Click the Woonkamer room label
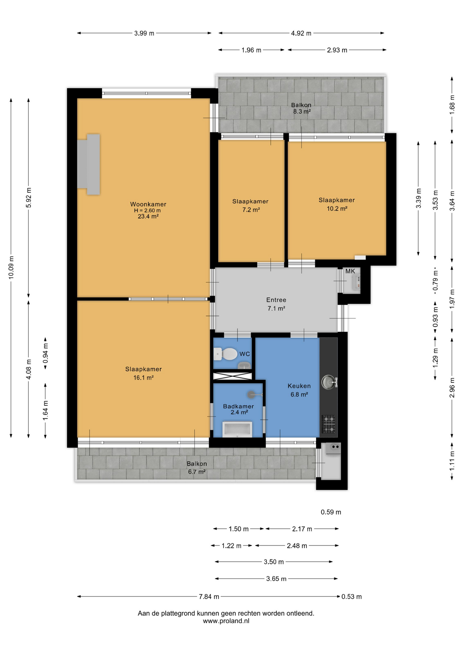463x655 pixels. click(x=148, y=204)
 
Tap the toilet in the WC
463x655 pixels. click(x=225, y=354)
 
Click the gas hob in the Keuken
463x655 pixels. click(x=329, y=424)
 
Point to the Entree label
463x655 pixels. click(x=276, y=300)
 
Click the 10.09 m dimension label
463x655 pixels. click(x=11, y=267)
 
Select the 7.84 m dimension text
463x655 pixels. click(x=209, y=596)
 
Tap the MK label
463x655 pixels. click(x=350, y=271)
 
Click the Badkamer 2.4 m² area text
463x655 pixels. click(x=239, y=412)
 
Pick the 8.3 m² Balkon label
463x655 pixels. click(x=302, y=111)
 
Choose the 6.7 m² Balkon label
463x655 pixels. click(x=197, y=472)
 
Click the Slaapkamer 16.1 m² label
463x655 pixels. click(x=144, y=373)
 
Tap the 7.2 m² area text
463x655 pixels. click(x=251, y=210)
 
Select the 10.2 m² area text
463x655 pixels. click(x=337, y=208)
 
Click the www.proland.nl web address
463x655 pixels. click(x=226, y=621)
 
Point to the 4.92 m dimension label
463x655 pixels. click(x=301, y=33)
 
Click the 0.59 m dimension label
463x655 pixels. click(x=331, y=512)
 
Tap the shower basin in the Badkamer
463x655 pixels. click(x=237, y=429)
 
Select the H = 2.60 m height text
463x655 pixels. click(x=147, y=210)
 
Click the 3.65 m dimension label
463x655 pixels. click(x=276, y=579)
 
